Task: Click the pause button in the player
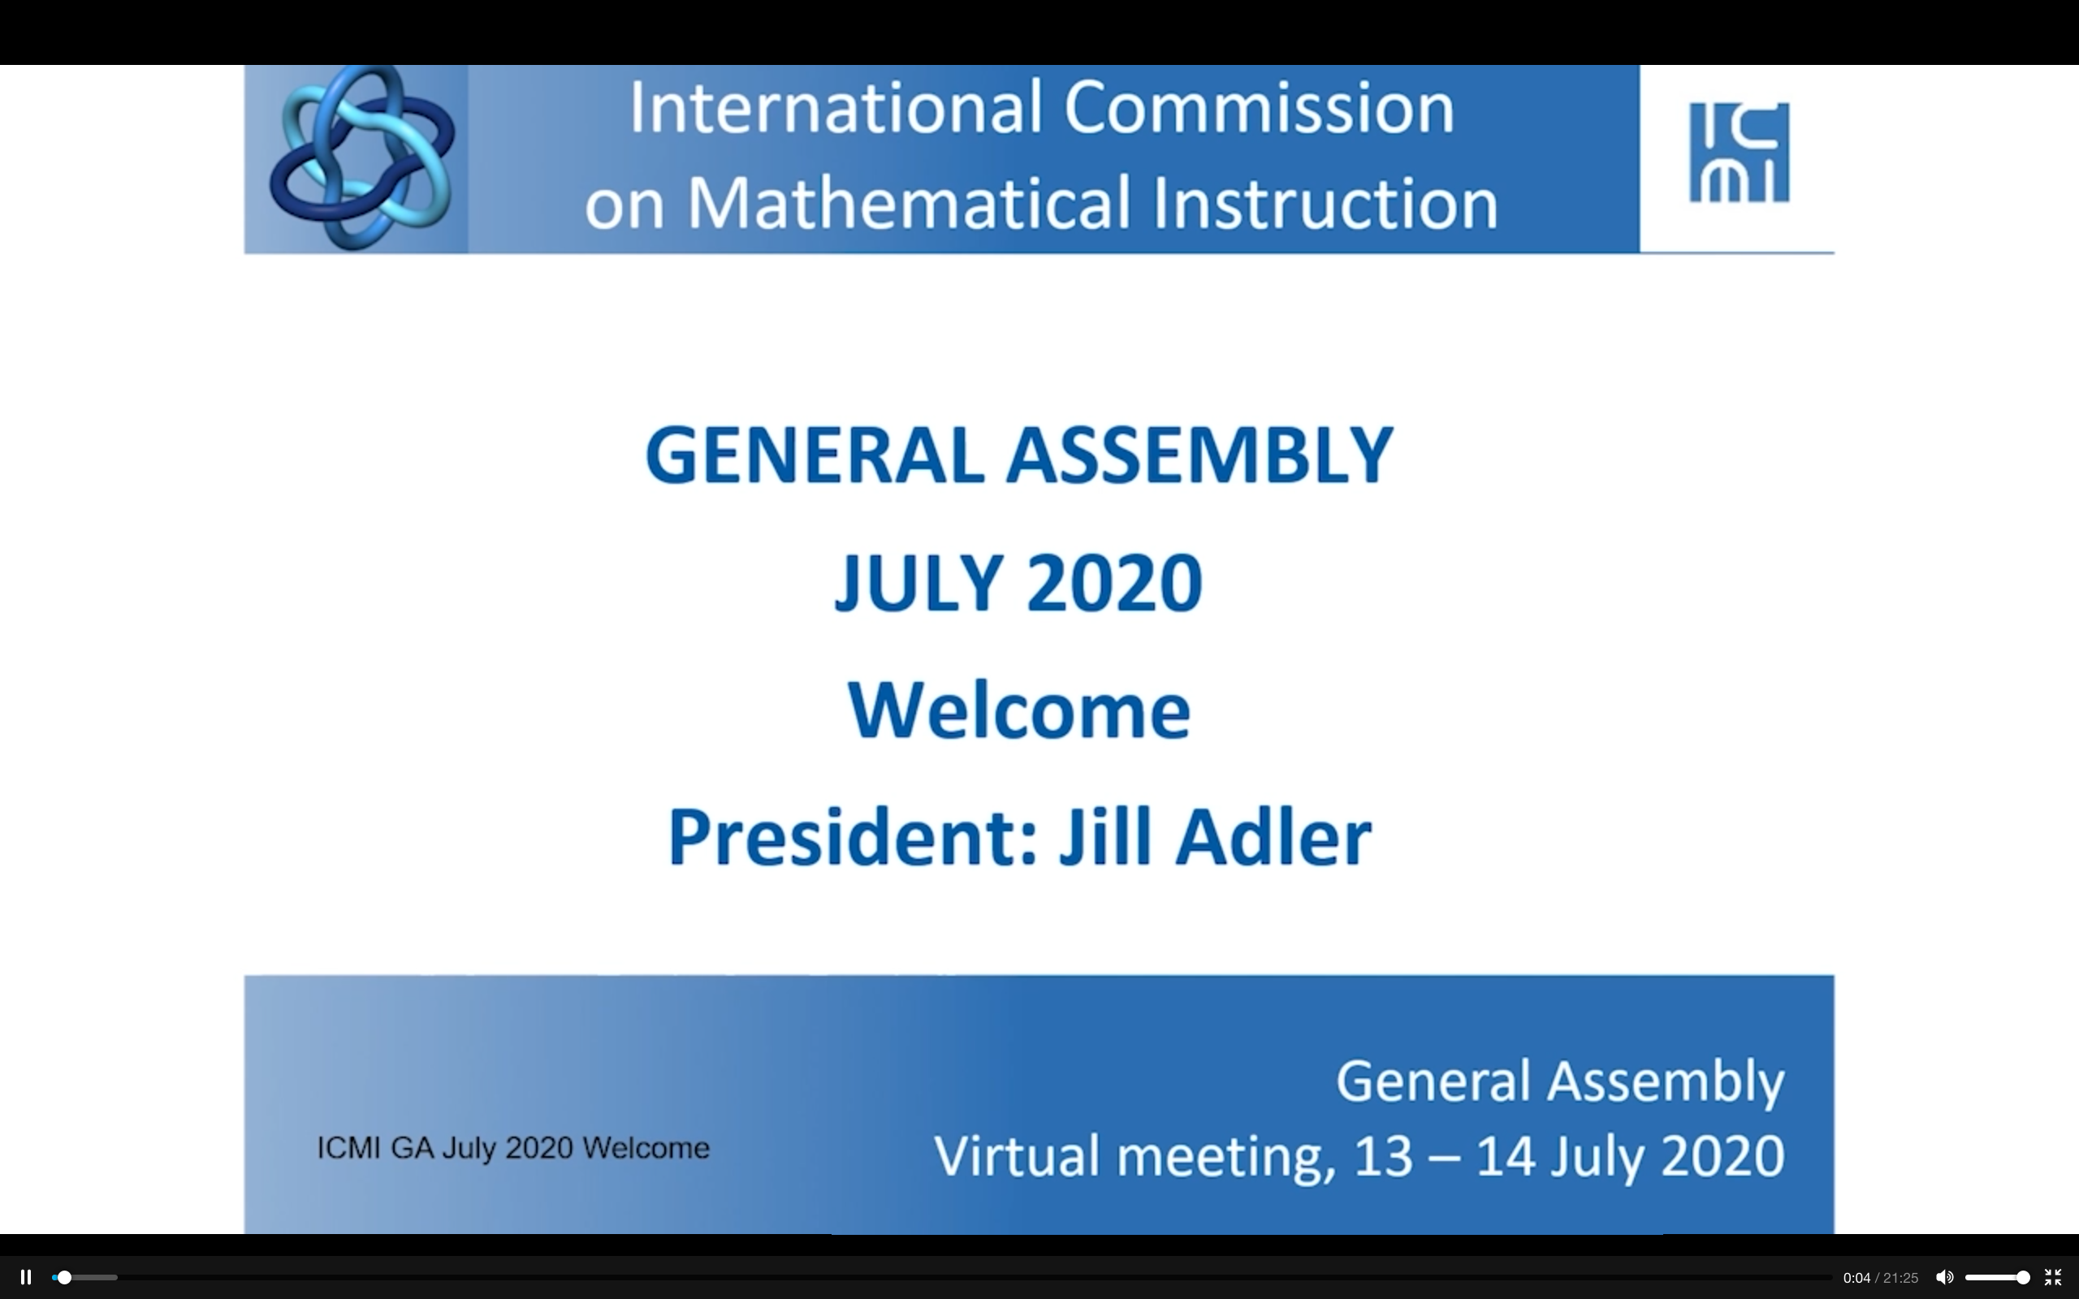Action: (26, 1278)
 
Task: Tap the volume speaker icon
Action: (1944, 1278)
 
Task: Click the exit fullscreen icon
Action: (2052, 1278)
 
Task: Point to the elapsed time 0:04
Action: (1856, 1279)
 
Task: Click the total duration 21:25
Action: (1900, 1279)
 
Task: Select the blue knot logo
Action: (361, 158)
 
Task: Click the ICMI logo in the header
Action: (1739, 153)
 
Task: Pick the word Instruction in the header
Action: (1325, 204)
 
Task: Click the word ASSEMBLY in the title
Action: (1199, 455)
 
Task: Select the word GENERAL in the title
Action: (815, 455)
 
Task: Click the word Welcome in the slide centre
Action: (1019, 711)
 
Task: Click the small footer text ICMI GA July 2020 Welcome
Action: (513, 1148)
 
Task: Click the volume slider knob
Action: (2023, 1278)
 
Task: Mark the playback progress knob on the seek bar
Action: (63, 1278)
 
